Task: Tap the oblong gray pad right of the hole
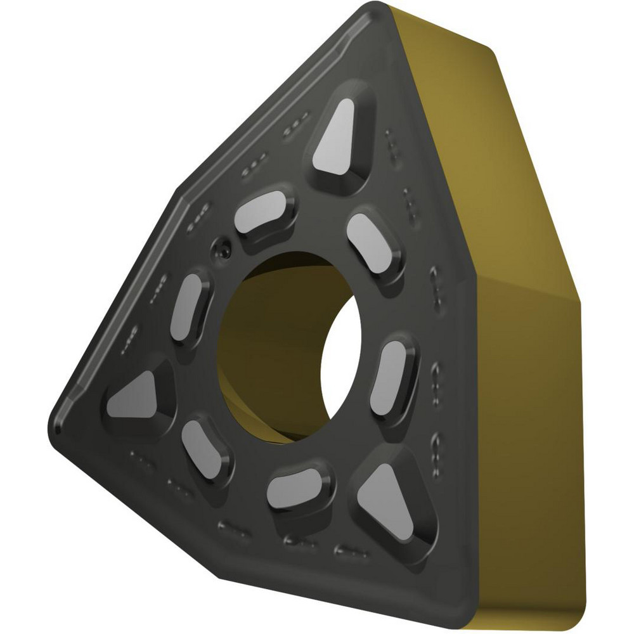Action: click(x=391, y=375)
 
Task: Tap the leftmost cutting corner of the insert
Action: click(x=52, y=422)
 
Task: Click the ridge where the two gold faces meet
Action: click(x=526, y=279)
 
